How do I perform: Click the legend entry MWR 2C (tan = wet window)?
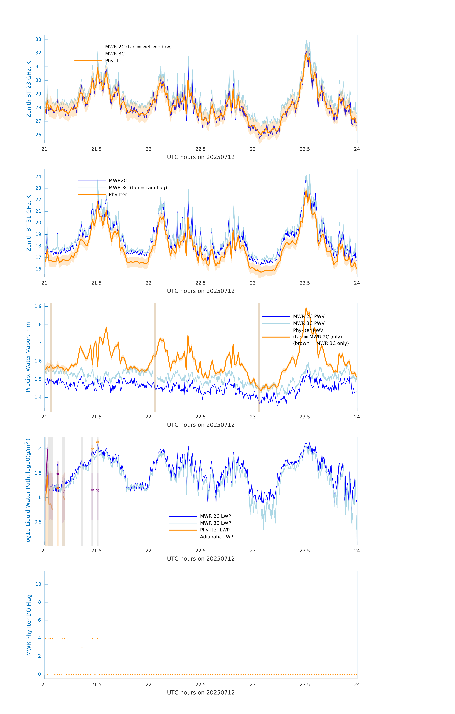pyautogui.click(x=138, y=47)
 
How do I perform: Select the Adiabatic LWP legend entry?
pyautogui.click(x=216, y=537)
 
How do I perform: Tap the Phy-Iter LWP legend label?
pyautogui.click(x=215, y=530)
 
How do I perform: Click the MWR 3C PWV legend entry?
pyautogui.click(x=309, y=323)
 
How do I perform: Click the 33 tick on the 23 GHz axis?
pyautogui.click(x=38, y=39)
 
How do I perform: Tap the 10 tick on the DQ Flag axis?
pyautogui.click(x=38, y=584)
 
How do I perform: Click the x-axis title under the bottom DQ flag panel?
pyautogui.click(x=201, y=693)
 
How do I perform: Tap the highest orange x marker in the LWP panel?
pyautogui.click(x=98, y=442)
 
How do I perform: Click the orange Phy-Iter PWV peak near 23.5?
pyautogui.click(x=306, y=308)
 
